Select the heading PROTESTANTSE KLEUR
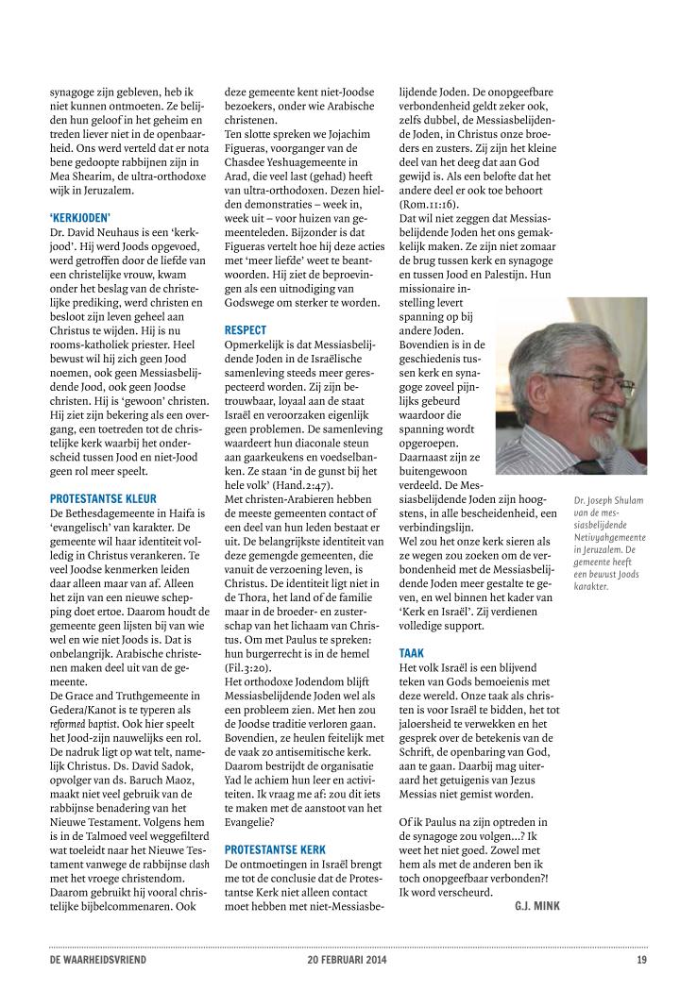tap(103, 498)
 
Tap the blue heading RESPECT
tap(246, 331)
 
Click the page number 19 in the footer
tap(641, 961)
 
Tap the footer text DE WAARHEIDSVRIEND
tap(98, 961)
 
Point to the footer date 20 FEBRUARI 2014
tap(347, 961)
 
